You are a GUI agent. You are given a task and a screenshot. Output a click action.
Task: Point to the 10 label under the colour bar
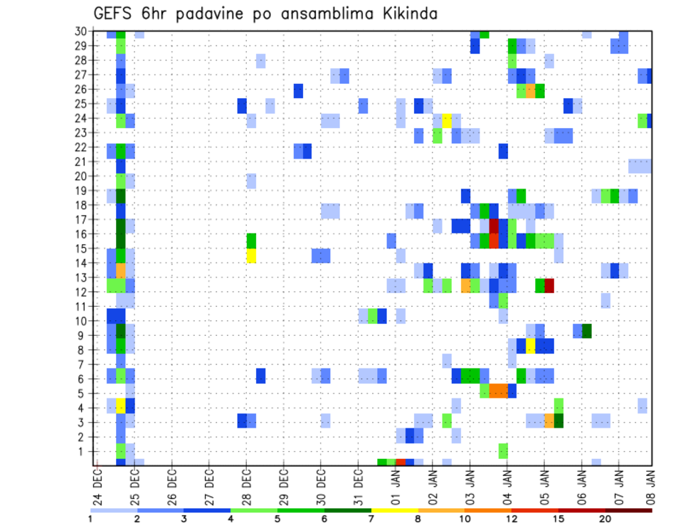pos(465,519)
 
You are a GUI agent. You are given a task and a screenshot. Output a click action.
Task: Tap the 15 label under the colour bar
pos(558,519)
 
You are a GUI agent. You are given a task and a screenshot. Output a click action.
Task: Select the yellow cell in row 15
pos(251,255)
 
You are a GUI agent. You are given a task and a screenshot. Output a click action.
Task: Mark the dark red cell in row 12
pos(549,285)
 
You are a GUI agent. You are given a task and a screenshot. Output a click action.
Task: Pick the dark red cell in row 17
pos(494,226)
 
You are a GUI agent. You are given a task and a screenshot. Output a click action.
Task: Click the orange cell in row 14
pos(121,270)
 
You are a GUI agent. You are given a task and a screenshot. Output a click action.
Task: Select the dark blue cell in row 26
pos(298,90)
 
